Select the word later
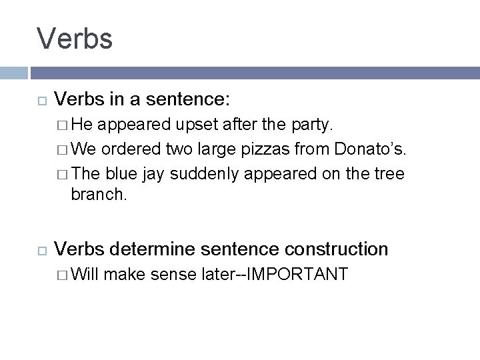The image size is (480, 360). pyautogui.click(x=221, y=274)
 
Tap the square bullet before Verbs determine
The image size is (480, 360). pyautogui.click(x=41, y=250)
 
